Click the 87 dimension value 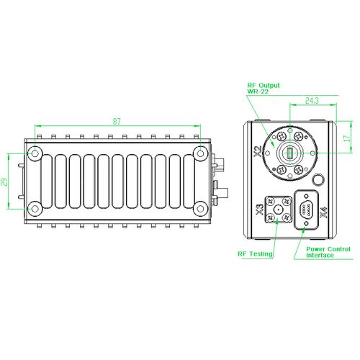(x=117, y=122)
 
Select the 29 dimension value (x=4, y=182)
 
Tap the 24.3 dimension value (x=312, y=101)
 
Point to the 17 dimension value (x=347, y=138)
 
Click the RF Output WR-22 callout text (x=264, y=88)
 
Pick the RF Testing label (x=255, y=254)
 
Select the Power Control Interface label (x=328, y=252)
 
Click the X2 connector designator (x=258, y=152)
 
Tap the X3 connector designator (x=260, y=210)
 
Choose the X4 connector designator (x=324, y=212)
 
